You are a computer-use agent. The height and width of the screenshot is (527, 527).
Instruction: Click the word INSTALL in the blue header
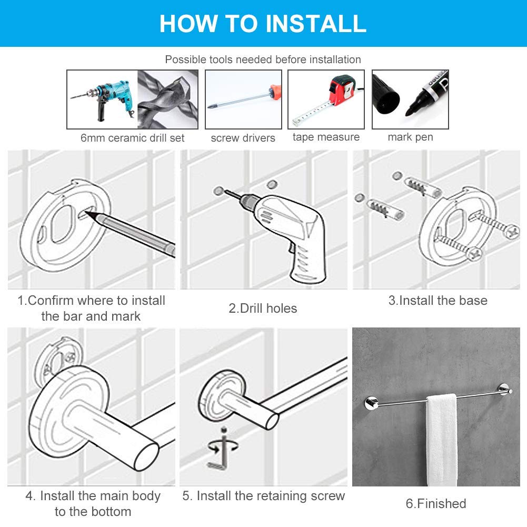pos(315,24)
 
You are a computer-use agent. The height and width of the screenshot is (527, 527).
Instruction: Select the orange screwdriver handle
pos(275,92)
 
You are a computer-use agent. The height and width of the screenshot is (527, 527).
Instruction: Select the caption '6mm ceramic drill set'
pos(133,138)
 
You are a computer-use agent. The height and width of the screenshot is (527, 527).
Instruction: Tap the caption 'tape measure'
pos(326,137)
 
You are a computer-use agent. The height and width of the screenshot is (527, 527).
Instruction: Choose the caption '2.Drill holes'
pos(263,308)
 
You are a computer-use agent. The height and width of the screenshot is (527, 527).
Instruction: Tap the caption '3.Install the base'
pos(438,300)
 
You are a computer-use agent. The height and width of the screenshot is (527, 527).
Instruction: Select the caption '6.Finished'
pos(436,503)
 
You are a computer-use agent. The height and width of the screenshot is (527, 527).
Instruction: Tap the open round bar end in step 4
pos(146,456)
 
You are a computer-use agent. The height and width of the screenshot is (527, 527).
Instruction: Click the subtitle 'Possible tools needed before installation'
pos(263,59)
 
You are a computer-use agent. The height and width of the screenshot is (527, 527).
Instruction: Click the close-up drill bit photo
pos(168,100)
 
